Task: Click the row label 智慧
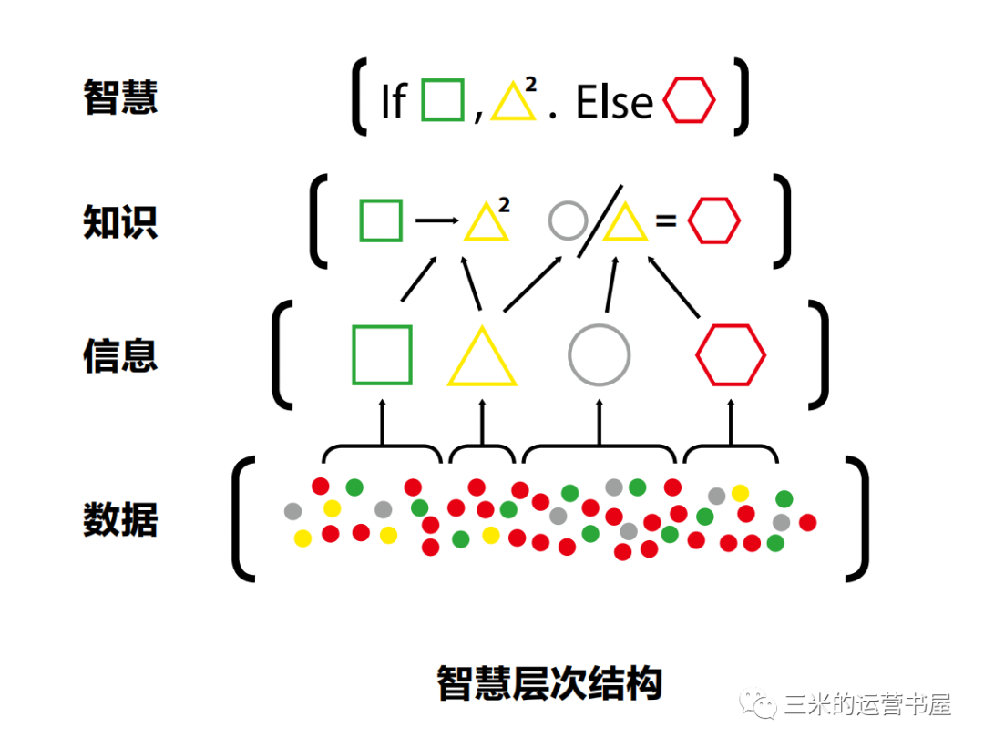pyautogui.click(x=120, y=97)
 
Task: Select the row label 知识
pyautogui.click(x=120, y=221)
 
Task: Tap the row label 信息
pyautogui.click(x=120, y=354)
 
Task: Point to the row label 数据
pyautogui.click(x=120, y=519)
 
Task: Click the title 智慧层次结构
pyautogui.click(x=548, y=682)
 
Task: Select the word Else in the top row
pyautogui.click(x=615, y=102)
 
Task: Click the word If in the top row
pyautogui.click(x=393, y=102)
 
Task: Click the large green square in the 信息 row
pyautogui.click(x=382, y=354)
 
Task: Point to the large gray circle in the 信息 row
pyautogui.click(x=599, y=354)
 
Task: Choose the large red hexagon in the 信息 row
pyautogui.click(x=731, y=354)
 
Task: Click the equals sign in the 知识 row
pyautogui.click(x=666, y=220)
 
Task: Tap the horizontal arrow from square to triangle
pyautogui.click(x=436, y=220)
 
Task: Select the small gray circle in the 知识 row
pyautogui.click(x=568, y=220)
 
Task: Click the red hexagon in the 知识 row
pyautogui.click(x=713, y=220)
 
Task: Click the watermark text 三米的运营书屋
pyautogui.click(x=866, y=705)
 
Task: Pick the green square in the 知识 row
pyautogui.click(x=381, y=220)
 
